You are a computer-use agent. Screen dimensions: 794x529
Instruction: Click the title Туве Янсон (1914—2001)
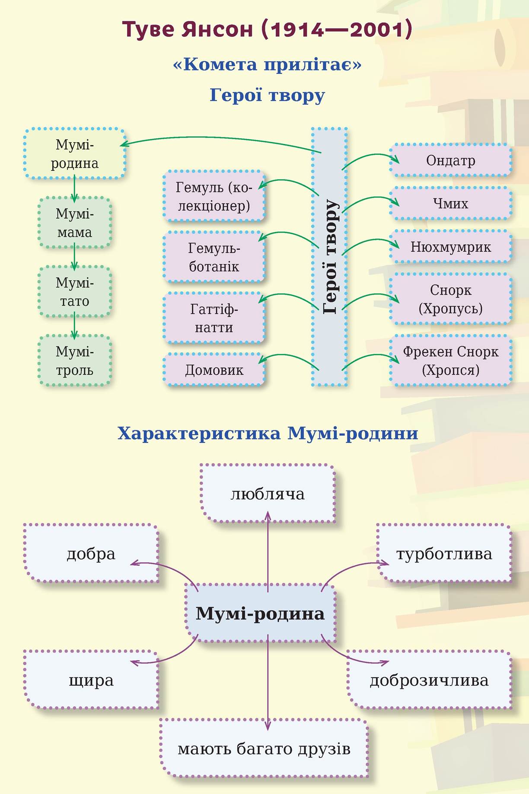(267, 30)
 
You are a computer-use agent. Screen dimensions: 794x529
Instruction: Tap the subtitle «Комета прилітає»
(267, 65)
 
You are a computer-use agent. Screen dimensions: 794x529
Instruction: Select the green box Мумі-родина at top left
(74, 154)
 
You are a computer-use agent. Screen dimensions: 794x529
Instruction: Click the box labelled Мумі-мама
(74, 223)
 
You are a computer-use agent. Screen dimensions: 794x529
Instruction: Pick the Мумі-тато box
(74, 292)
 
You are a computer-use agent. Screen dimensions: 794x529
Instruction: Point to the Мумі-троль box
(74, 361)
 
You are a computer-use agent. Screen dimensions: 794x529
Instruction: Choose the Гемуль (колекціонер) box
(214, 196)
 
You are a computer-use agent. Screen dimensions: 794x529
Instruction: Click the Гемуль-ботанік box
(214, 257)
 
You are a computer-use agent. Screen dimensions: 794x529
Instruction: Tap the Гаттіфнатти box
(214, 318)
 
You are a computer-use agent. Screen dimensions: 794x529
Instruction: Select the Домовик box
(214, 370)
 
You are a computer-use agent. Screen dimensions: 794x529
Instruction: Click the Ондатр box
(450, 160)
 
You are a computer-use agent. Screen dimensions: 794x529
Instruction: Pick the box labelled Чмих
(450, 203)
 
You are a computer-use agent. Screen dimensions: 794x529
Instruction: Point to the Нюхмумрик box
(450, 247)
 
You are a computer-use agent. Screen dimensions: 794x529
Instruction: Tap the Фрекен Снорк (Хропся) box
(450, 360)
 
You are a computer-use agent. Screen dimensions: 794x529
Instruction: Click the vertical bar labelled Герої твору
(329, 257)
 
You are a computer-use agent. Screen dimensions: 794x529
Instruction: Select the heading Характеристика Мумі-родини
(268, 434)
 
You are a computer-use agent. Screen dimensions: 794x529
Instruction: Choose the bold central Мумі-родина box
(260, 613)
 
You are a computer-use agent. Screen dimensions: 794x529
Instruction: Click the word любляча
(268, 494)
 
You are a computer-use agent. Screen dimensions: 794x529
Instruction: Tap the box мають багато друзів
(264, 749)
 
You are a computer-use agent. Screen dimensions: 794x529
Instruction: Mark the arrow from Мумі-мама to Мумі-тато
(74, 257)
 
